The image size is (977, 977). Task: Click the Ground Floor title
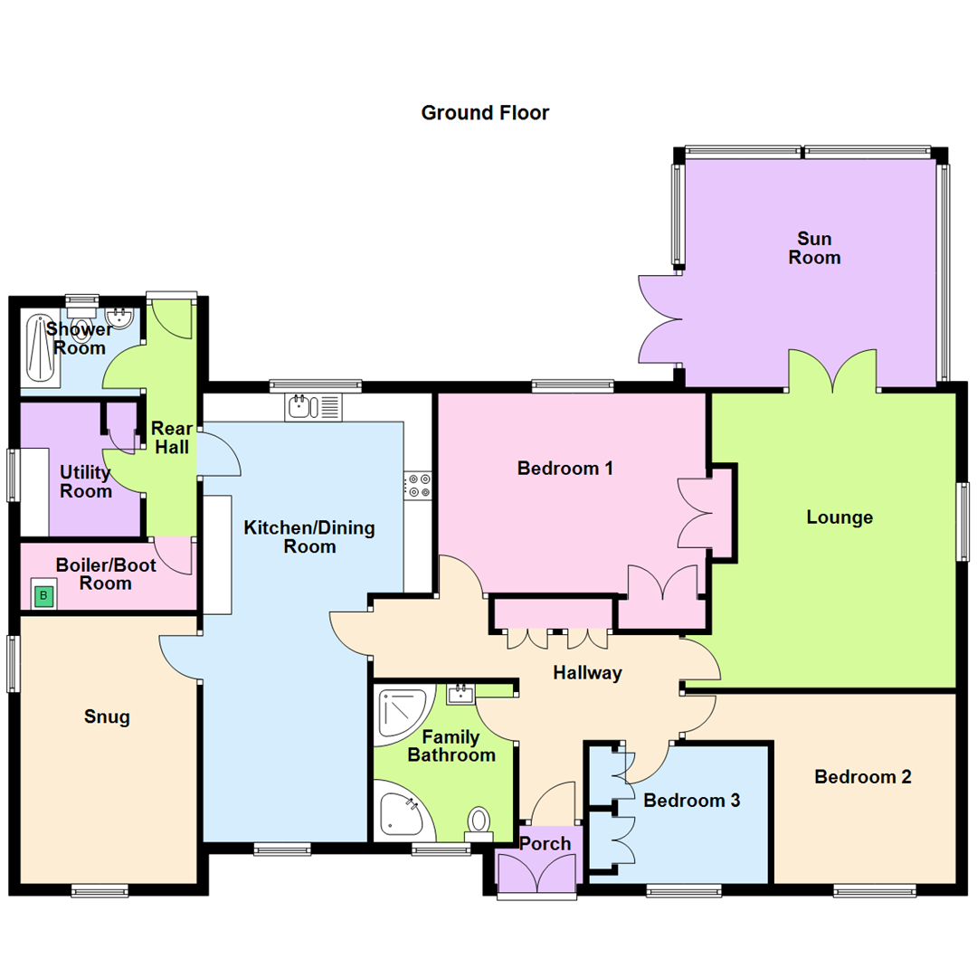(485, 113)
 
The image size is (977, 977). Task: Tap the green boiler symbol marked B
(43, 596)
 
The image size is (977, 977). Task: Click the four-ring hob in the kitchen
(418, 485)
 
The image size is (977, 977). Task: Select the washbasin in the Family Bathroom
(461, 694)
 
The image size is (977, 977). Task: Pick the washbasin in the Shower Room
(120, 318)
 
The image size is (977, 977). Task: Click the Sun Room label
(814, 249)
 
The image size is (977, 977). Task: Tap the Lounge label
(839, 517)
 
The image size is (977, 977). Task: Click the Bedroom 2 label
(862, 776)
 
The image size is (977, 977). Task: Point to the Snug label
(107, 717)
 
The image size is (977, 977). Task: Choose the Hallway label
(588, 672)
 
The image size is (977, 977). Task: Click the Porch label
(545, 843)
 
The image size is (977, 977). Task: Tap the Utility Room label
(86, 482)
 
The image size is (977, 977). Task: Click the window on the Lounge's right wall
(965, 524)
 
